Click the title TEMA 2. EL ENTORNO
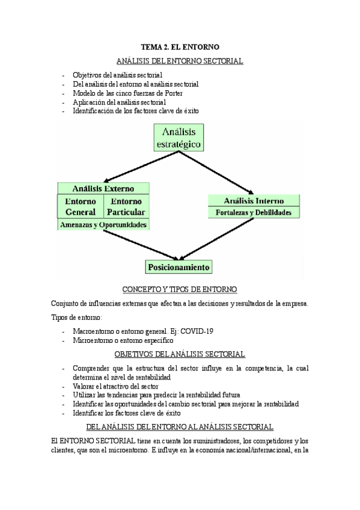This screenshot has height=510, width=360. tap(180, 46)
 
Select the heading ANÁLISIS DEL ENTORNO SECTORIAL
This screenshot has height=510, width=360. tap(180, 61)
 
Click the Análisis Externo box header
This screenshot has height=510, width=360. tap(103, 188)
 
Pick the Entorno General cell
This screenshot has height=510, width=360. tap(80, 206)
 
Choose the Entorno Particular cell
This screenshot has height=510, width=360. tap(127, 206)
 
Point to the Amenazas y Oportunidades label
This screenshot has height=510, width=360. tap(103, 224)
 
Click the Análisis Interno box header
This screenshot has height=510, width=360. tap(253, 200)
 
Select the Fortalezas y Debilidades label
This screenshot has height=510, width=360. tap(253, 212)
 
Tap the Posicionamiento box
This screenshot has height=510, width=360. tap(179, 266)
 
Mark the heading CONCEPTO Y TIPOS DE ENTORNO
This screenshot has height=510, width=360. tap(180, 289)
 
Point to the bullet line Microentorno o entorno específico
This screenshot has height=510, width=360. tap(123, 340)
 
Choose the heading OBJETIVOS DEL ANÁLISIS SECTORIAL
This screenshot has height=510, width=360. tap(180, 354)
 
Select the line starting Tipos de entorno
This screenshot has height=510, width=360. tap(77, 317)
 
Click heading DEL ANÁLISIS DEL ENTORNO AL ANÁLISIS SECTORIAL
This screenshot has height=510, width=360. tap(180, 427)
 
